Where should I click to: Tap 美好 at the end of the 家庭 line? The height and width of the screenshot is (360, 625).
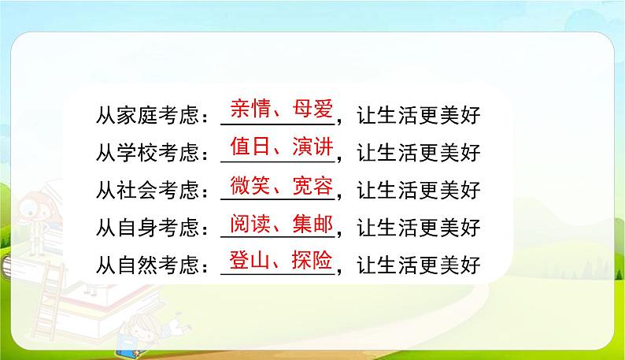point(460,117)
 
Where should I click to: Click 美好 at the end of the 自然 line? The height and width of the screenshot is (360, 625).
point(460,268)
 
